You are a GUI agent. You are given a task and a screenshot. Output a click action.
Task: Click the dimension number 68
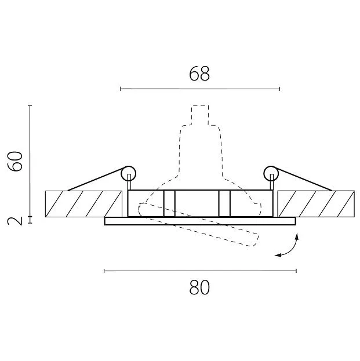coord(199,74)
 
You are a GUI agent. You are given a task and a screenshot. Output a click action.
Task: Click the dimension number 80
coord(199,287)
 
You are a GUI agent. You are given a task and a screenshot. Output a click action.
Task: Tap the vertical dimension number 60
coord(15,161)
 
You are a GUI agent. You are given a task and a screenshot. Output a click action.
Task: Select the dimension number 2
coord(15,221)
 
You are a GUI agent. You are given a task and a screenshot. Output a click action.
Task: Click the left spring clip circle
coord(129,173)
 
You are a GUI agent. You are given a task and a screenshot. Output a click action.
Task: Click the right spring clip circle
coord(271,173)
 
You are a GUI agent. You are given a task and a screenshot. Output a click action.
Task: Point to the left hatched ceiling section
coord(83,204)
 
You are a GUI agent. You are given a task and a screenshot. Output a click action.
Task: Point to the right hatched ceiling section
coord(316,204)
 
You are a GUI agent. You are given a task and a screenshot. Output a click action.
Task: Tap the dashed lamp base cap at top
coord(200,115)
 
